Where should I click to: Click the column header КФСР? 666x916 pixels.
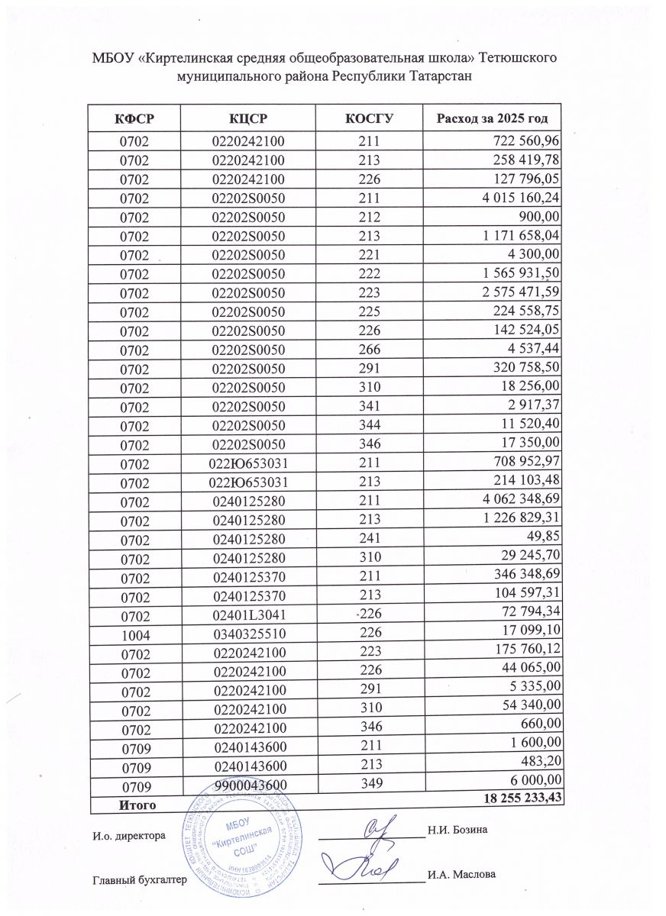tap(134, 119)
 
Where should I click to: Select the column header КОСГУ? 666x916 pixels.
tap(368, 119)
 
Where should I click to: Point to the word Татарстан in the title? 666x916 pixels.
tap(441, 76)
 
